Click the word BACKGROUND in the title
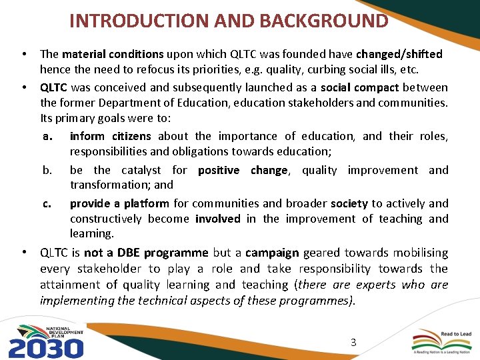tap(323, 20)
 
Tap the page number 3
tap(353, 343)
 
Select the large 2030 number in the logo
tap(46, 347)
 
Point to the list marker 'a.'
tap(47, 136)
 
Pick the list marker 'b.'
tap(47, 170)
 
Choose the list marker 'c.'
tap(47, 203)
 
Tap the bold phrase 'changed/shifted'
tap(399, 54)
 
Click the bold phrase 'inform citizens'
tap(110, 136)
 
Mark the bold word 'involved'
tap(217, 219)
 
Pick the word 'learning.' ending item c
tap(92, 233)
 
